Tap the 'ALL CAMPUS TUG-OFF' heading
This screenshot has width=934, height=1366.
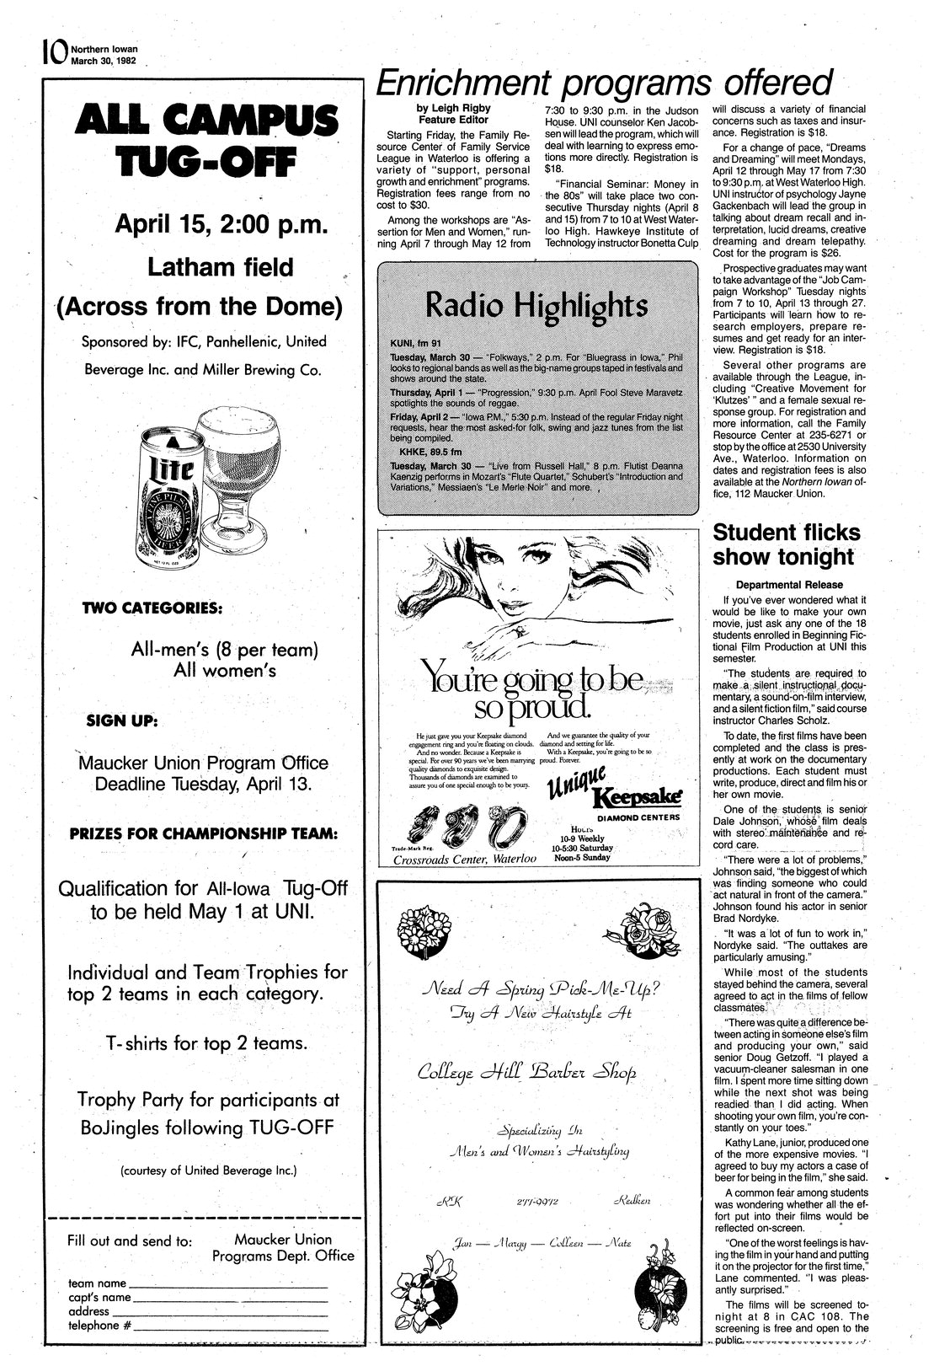(201, 143)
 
